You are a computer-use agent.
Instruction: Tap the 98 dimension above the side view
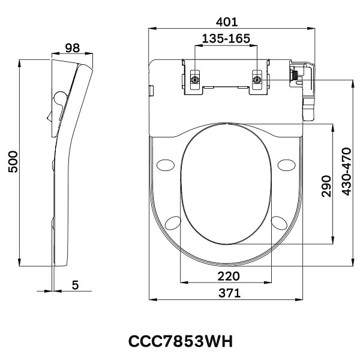pyautogui.click(x=73, y=48)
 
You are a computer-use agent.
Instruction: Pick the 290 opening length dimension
pyautogui.click(x=326, y=185)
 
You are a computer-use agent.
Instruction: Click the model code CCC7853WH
pyautogui.click(x=180, y=340)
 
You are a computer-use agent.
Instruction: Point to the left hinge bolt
pyautogui.click(x=194, y=79)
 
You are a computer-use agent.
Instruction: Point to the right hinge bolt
pyautogui.click(x=257, y=79)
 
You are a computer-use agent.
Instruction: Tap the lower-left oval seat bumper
pyautogui.click(x=172, y=222)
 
